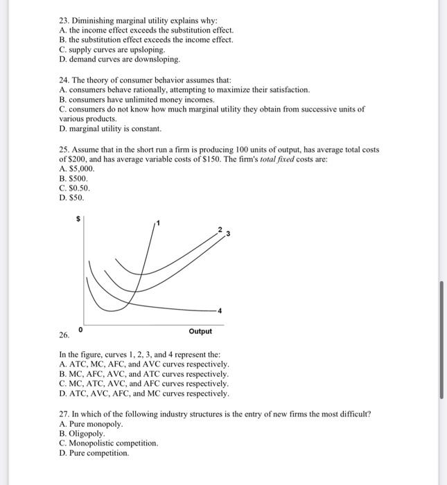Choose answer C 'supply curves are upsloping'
(112, 51)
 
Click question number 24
(65, 80)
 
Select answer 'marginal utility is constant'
(110, 129)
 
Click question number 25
(65, 150)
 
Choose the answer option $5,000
(77, 168)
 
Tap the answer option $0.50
(75, 188)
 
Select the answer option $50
(72, 197)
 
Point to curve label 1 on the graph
(158, 222)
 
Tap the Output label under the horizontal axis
(200, 331)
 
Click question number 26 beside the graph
(64, 335)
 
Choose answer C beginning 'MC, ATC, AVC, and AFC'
(144, 383)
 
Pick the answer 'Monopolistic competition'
(109, 443)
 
